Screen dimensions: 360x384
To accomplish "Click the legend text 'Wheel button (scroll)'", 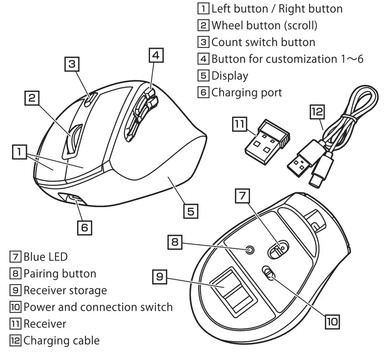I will pos(264,25).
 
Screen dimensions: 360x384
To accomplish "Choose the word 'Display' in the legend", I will pos(229,75).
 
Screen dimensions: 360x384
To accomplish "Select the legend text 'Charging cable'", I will pos(61,340).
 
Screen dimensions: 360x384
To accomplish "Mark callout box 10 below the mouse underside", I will pos(332,321).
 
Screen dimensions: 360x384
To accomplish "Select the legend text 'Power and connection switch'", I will pos(98,307).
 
